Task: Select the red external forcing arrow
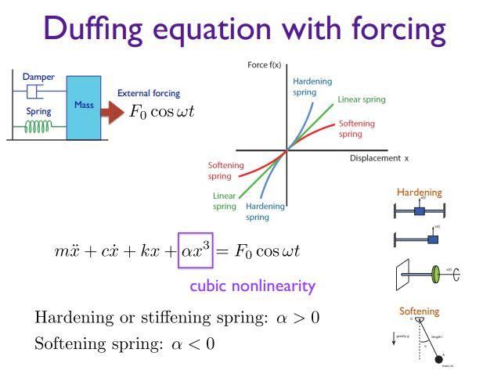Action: pyautogui.click(x=114, y=112)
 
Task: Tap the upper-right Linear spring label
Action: pyautogui.click(x=361, y=99)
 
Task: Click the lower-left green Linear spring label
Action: pyautogui.click(x=225, y=200)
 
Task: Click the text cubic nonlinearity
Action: pyautogui.click(x=252, y=286)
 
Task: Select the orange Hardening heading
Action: pyautogui.click(x=419, y=192)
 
